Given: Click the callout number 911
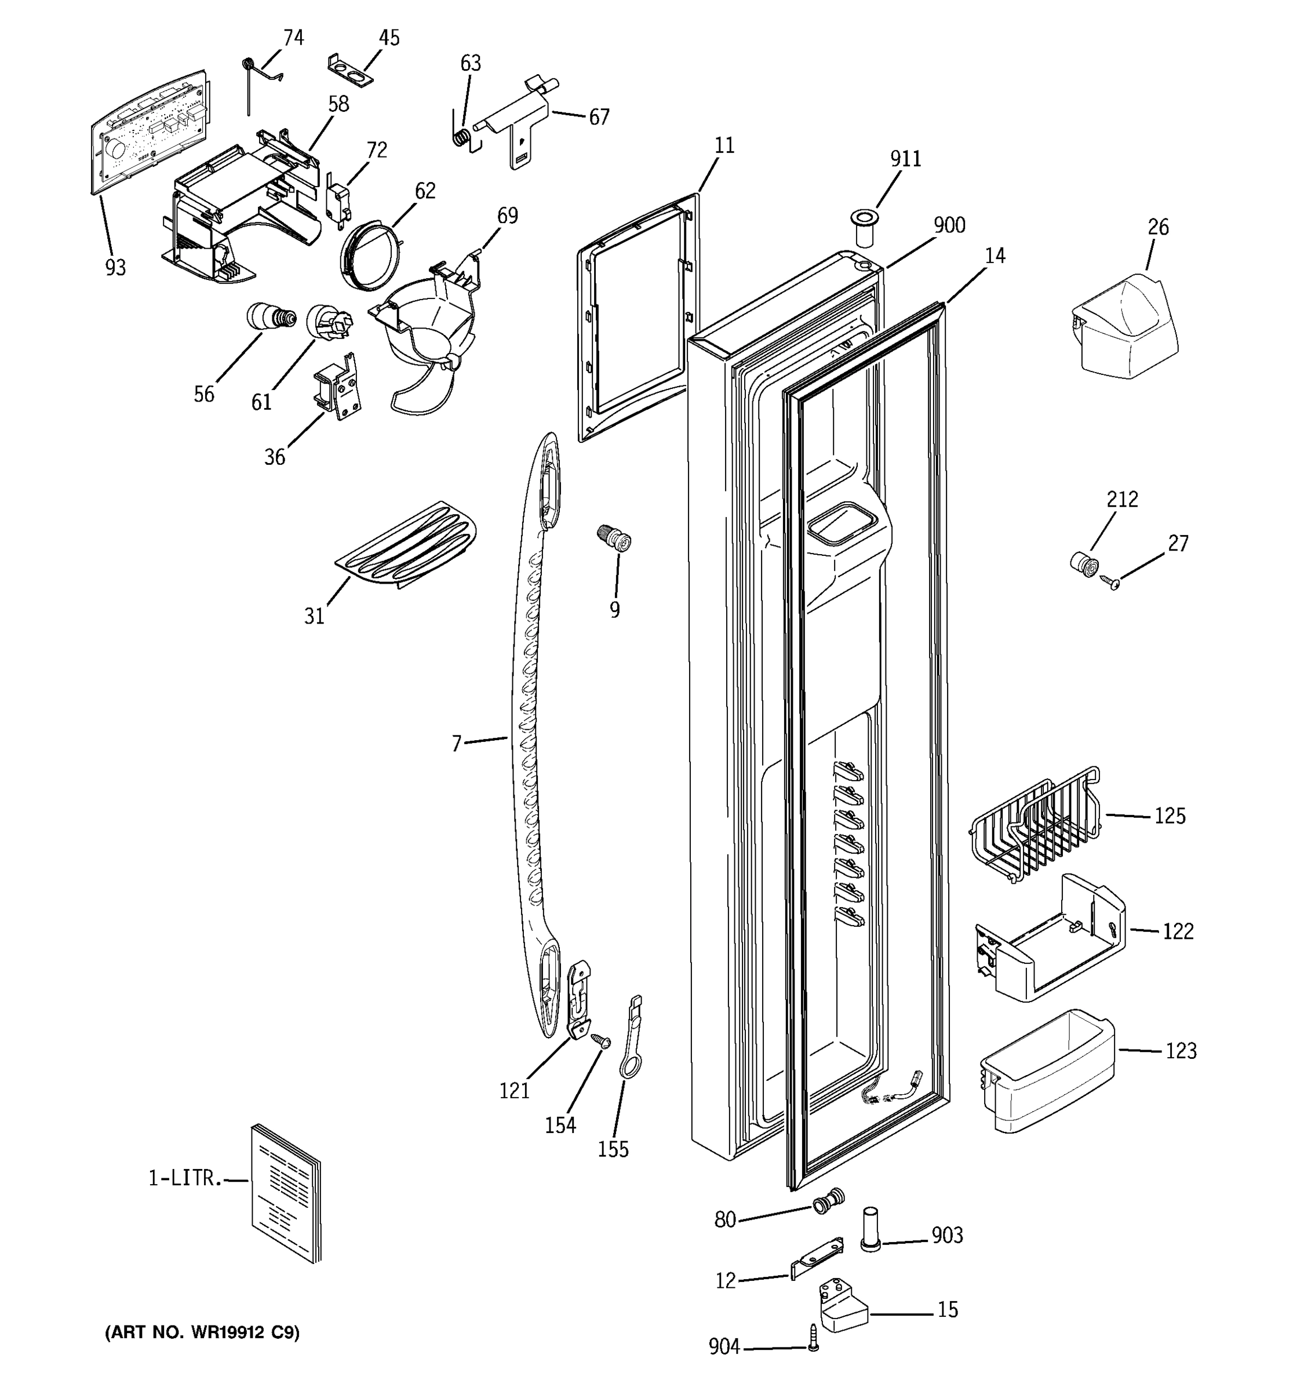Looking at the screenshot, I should click(905, 159).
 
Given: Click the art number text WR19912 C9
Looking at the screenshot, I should click(202, 1332).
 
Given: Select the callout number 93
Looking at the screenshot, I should click(115, 267).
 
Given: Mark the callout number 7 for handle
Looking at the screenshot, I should click(457, 743).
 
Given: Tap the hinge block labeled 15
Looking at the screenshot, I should click(843, 1306).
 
